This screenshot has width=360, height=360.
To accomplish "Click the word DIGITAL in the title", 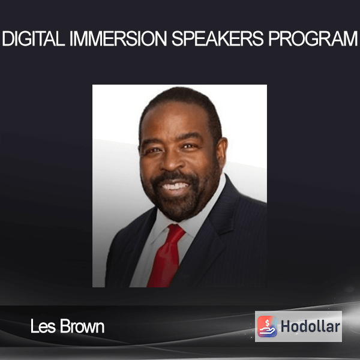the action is point(34,38).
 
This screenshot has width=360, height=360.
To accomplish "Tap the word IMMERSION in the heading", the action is point(118,38).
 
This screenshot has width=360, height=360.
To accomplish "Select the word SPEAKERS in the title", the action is point(217,38).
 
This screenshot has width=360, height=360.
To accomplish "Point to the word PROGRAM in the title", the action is point(313,38).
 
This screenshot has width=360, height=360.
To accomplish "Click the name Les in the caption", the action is point(43,326).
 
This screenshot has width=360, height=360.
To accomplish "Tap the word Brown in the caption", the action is point(82,326).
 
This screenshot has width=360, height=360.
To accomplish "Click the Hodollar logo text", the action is point(310,326).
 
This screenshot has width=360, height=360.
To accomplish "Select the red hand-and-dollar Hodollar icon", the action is point(267,326).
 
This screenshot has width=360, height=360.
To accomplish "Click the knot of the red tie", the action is point(176,232).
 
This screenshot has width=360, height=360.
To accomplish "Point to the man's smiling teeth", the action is point(175,186).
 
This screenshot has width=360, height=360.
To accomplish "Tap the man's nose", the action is point(172,161).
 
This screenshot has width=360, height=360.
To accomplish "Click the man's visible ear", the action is point(221,152).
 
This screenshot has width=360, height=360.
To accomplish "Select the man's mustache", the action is point(175,176).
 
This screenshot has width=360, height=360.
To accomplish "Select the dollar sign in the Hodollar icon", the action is point(267,323).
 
